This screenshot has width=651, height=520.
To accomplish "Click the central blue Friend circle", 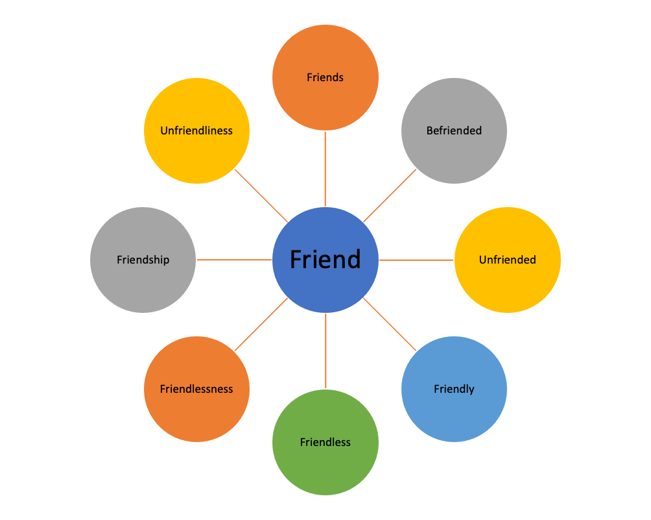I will tap(325, 260).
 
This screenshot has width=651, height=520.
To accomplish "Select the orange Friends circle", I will tap(325, 77).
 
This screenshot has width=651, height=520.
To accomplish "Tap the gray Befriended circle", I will tap(454, 130).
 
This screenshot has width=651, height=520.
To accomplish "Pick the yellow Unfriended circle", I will tap(508, 260).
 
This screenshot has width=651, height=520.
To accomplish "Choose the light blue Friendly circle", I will tap(454, 389).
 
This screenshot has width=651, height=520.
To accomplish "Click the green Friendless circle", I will tap(325, 442).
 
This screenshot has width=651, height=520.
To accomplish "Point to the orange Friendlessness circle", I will tap(196, 389).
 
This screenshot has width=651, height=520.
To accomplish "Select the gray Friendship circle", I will tap(143, 260).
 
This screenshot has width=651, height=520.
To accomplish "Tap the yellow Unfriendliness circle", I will tap(196, 130).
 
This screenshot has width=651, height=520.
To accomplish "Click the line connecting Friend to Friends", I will tap(325, 169).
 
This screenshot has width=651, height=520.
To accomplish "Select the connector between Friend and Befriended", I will tap(390, 195).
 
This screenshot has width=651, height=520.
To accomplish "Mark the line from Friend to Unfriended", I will tap(416, 260).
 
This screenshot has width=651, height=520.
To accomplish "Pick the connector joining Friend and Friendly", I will tap(390, 324).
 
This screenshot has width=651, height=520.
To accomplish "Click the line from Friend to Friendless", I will tap(325, 351).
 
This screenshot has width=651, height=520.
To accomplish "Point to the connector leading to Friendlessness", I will tap(261, 325).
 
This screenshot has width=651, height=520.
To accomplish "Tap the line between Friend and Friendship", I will tap(234, 260).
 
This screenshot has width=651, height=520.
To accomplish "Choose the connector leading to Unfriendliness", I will tap(261, 195).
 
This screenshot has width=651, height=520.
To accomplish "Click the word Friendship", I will tap(143, 260).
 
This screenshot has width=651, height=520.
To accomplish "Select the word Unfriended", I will tap(508, 260).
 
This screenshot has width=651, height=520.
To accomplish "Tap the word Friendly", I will tap(454, 389).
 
